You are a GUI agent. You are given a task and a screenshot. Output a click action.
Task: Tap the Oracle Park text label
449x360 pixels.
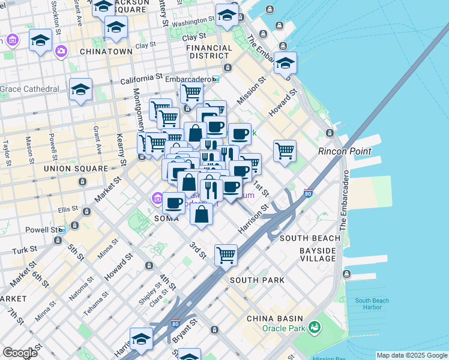click(283, 328)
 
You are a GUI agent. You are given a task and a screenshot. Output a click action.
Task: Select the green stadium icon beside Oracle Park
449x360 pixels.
click(313, 327)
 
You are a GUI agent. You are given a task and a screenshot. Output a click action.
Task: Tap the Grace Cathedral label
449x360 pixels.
click(29, 89)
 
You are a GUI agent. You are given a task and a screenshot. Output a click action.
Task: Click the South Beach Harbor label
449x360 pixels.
click(372, 304)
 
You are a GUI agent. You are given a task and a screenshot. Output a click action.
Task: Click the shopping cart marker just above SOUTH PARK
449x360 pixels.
click(226, 255)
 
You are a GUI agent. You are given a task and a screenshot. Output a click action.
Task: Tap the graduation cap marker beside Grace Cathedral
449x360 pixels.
click(80, 89)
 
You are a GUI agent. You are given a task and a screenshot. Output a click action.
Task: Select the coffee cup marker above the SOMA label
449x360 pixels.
click(174, 203)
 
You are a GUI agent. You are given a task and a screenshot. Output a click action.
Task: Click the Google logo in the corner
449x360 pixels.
click(20, 352)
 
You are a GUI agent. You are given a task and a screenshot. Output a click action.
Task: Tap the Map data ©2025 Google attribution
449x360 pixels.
click(411, 355)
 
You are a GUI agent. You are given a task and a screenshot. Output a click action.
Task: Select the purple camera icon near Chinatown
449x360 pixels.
click(61, 52)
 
